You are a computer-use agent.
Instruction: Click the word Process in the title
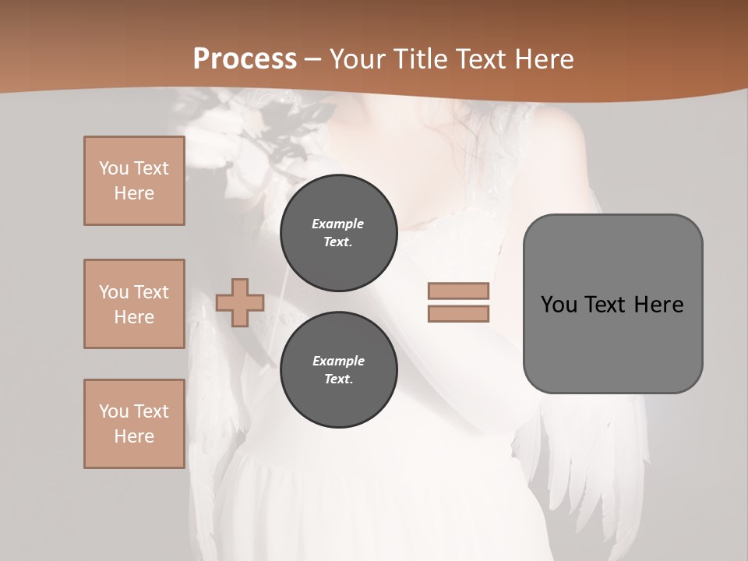[245, 59]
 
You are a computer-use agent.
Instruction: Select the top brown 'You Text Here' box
[134, 181]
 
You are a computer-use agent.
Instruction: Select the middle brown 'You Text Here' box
[134, 304]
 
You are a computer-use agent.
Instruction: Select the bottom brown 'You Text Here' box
[134, 424]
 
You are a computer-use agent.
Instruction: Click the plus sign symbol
[240, 302]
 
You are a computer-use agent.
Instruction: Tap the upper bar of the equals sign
[458, 291]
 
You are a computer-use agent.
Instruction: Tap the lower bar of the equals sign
[458, 313]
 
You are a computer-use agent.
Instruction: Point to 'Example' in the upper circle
[338, 224]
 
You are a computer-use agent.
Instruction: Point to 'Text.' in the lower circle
[338, 379]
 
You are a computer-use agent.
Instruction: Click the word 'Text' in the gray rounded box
[605, 305]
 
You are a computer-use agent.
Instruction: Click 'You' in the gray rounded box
[558, 305]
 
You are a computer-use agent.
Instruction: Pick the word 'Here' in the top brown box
[134, 193]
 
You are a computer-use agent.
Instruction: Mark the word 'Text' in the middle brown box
[150, 292]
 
